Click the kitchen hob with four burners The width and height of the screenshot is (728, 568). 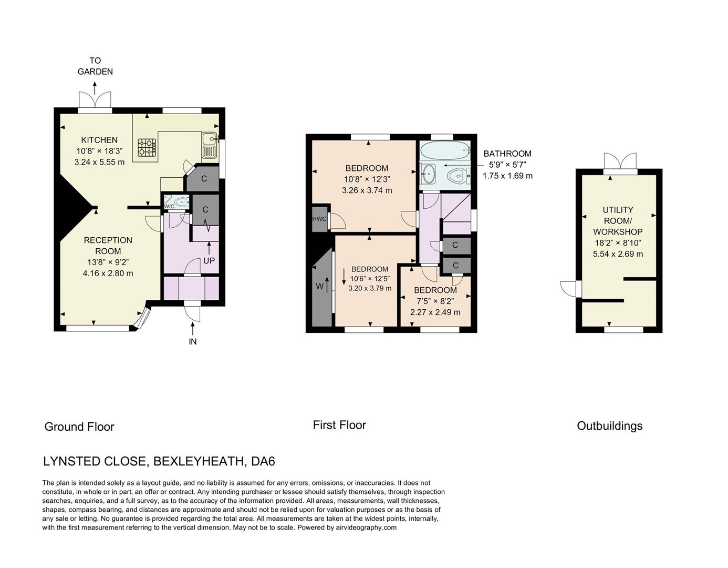(147, 147)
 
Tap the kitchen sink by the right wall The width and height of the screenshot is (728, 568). (209, 145)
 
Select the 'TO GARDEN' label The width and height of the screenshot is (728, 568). (95, 66)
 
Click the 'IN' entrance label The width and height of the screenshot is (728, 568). (193, 341)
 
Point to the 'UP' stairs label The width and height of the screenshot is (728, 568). (209, 260)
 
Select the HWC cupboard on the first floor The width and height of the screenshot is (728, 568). (319, 219)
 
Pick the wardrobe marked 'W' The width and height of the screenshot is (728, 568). (320, 287)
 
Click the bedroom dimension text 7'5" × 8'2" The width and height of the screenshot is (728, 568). (435, 301)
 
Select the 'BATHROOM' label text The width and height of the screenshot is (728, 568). (507, 154)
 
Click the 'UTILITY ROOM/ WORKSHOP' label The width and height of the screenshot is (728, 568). (618, 220)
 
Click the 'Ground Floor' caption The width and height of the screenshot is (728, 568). (79, 427)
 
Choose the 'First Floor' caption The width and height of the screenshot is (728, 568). (339, 425)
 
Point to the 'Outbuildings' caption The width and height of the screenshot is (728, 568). (609, 426)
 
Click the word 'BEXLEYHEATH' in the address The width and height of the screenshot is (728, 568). (199, 461)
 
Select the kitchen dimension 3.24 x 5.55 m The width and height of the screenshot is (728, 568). (99, 162)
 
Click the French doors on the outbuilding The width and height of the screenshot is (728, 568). (620, 161)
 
